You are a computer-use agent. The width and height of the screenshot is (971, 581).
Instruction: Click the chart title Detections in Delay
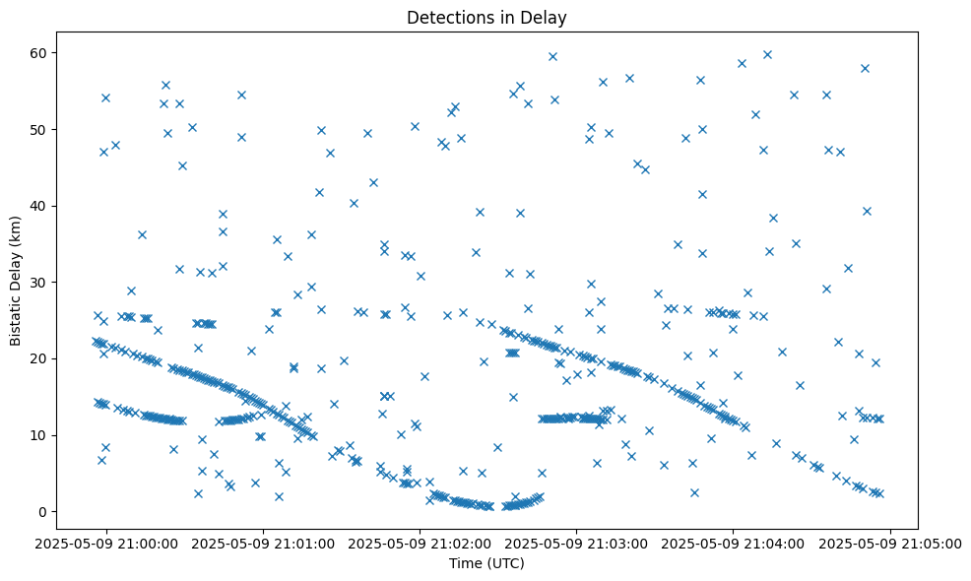pyautogui.click(x=486, y=18)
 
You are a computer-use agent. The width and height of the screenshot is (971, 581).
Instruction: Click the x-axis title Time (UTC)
pyautogui.click(x=486, y=564)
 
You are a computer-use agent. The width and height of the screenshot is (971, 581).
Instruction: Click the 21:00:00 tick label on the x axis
pyautogui.click(x=107, y=543)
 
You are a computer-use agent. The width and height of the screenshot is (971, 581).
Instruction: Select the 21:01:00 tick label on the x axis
pyautogui.click(x=264, y=543)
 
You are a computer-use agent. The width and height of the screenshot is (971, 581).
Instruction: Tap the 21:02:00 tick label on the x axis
pyautogui.click(x=421, y=543)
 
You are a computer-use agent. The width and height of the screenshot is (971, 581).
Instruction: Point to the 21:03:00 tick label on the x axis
pyautogui.click(x=577, y=543)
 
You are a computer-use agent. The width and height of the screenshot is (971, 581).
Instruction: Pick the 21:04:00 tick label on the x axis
pyautogui.click(x=734, y=543)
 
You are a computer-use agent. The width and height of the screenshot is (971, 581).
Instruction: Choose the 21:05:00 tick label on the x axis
pyautogui.click(x=890, y=543)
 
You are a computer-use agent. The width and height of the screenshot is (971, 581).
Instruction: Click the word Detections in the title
pyautogui.click(x=445, y=18)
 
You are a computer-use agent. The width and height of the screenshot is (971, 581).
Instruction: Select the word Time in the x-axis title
pyautogui.click(x=466, y=564)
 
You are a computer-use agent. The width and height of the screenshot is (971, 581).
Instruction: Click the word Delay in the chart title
pyautogui.click(x=548, y=18)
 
